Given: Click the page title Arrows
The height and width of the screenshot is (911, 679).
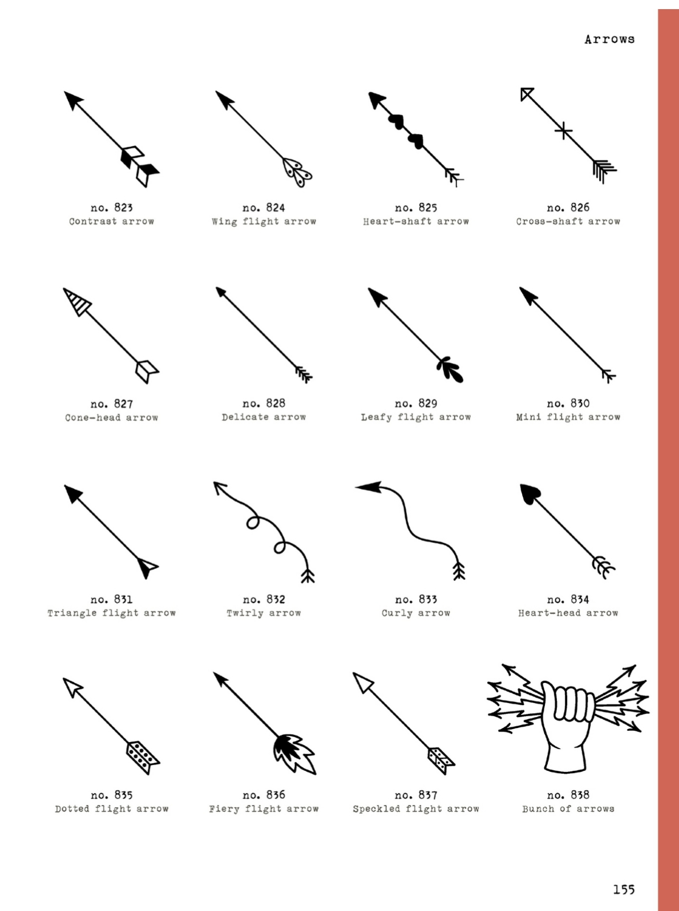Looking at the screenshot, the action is click(609, 39).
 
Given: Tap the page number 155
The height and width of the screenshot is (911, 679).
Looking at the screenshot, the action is click(624, 889).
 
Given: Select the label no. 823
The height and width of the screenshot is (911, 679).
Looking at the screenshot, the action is click(111, 208).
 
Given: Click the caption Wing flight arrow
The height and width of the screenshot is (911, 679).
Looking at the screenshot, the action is click(264, 221).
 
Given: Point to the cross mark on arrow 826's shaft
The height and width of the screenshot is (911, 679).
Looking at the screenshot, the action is click(563, 131).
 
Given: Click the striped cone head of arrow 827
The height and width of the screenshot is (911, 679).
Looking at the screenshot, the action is click(76, 301).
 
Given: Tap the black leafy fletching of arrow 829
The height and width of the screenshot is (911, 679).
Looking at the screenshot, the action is click(450, 369).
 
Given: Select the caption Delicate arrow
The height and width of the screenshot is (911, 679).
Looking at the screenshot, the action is click(264, 417).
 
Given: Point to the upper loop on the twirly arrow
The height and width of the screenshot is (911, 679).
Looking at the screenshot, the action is click(252, 523).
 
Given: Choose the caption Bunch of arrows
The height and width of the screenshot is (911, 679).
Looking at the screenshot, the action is click(568, 809).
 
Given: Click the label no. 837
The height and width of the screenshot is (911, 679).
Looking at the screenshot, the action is click(416, 795).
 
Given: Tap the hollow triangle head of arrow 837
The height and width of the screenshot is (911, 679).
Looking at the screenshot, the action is click(362, 682).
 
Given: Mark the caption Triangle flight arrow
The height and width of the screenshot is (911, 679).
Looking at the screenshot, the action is click(111, 613).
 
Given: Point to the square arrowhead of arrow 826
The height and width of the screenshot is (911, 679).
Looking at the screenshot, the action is click(527, 93).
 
